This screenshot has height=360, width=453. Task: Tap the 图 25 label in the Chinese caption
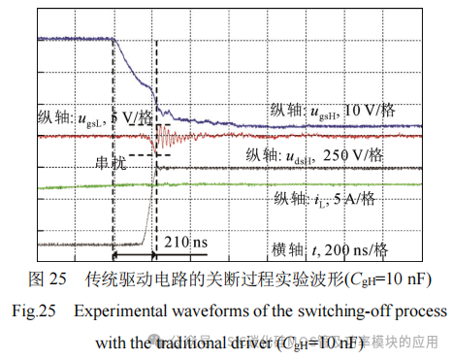tap(48, 279)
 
